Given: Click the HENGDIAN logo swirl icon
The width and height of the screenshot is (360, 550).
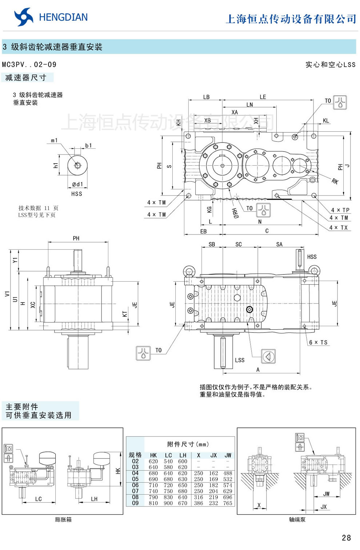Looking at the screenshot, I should tap(23, 17).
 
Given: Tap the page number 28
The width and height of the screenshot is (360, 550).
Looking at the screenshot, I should tap(346, 538).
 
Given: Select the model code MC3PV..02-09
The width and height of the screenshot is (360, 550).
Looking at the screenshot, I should tap(29, 65).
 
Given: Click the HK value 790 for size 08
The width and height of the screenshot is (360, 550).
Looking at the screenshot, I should tap(153, 497).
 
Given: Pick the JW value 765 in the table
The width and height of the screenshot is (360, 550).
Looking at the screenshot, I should tap(228, 503).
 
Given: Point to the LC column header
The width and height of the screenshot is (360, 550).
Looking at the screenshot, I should tap(168, 455).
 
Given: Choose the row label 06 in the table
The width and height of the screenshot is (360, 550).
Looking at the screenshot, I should tap(135, 485).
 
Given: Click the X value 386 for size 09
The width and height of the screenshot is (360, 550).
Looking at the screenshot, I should tap(199, 503).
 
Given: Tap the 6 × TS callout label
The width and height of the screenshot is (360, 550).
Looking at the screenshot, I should tap(318, 342).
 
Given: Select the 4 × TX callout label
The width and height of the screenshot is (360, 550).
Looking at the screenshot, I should tap(339, 228).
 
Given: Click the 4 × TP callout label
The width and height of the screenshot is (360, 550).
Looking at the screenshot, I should tap(340, 210).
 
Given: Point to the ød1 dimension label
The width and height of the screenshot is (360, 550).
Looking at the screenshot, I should tap(77, 184).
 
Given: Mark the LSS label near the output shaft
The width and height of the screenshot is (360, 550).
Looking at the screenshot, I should tap(240, 360).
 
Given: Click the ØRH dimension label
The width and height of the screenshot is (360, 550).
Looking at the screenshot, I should tap(236, 213).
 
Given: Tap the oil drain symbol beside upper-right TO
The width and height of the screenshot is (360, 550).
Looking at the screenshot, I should tap(340, 103).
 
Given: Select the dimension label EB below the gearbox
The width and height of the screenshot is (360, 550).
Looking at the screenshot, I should tap(203, 231).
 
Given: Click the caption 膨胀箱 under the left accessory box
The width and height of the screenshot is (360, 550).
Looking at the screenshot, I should tap(63, 519).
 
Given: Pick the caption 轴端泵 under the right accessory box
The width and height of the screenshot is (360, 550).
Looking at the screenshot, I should tap(297, 519).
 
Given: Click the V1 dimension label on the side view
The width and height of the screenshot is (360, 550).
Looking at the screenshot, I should tap(7, 294).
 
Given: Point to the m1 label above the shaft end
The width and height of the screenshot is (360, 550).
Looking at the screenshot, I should tap(54, 140).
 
